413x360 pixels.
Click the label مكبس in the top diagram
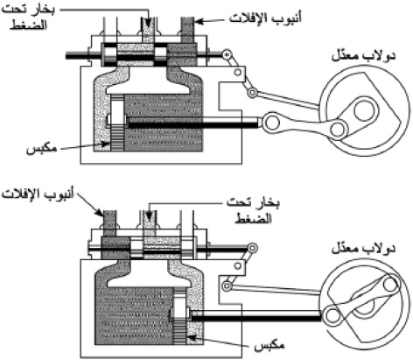42,149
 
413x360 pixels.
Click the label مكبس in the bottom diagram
269,346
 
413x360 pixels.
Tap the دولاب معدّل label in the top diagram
363,55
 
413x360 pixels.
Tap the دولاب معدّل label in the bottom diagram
363,249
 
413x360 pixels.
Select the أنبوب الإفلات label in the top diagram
265,18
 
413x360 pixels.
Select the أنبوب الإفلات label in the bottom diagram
38,194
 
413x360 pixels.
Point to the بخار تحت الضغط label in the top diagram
29,18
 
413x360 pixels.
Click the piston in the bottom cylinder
179,317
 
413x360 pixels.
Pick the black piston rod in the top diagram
192,124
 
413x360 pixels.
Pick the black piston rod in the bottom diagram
255,318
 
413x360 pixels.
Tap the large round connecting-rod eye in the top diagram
271,124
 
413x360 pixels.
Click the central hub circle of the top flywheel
364,110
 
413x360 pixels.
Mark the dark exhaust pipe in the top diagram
187,30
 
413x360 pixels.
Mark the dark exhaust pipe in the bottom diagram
110,223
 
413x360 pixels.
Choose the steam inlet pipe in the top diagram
148,30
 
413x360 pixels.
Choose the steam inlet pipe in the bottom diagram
149,223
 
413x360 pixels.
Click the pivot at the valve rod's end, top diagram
226,54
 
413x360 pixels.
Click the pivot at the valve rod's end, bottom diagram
253,248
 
